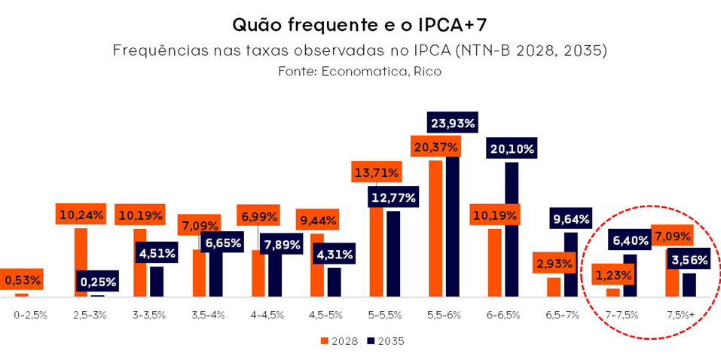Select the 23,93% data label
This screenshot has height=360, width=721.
[x=453, y=123]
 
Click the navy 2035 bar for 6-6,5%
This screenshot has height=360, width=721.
[x=512, y=230]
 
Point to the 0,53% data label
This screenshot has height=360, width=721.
[x=23, y=280]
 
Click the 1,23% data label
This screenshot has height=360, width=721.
[x=613, y=274]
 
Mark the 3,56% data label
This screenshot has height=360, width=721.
[x=689, y=259]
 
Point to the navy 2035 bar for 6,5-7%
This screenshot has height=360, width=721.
[x=571, y=264]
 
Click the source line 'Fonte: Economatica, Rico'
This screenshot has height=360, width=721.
[x=359, y=72]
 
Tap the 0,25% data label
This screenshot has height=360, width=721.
[x=97, y=282]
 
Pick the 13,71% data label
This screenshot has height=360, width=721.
[x=376, y=172]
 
